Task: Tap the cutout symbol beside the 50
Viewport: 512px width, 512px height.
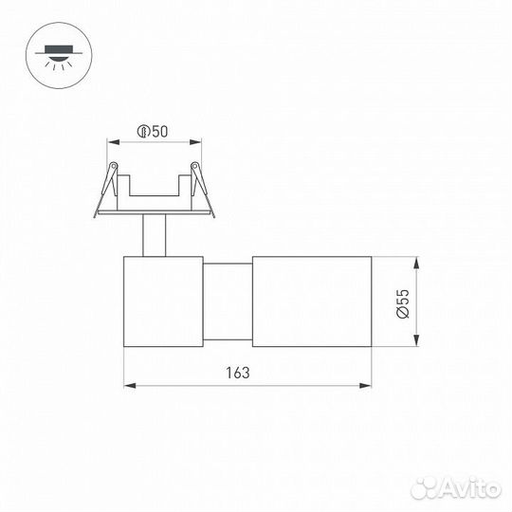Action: pyautogui.click(x=143, y=132)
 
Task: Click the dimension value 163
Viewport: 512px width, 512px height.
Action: pyautogui.click(x=239, y=373)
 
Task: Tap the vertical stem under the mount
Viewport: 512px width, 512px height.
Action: pyautogui.click(x=154, y=235)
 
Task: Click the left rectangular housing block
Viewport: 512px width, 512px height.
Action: pyautogui.click(x=163, y=301)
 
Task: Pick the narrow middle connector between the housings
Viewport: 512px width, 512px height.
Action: pyautogui.click(x=228, y=301)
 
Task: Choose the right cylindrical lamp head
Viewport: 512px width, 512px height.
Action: pyautogui.click(x=311, y=301)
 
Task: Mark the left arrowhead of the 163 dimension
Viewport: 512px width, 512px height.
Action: pyautogui.click(x=128, y=385)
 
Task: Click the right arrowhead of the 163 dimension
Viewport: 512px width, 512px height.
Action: pyautogui.click(x=367, y=385)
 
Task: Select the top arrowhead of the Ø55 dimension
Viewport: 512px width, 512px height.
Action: pyautogui.click(x=415, y=260)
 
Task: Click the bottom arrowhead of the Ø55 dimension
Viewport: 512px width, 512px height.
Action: pyautogui.click(x=415, y=342)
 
